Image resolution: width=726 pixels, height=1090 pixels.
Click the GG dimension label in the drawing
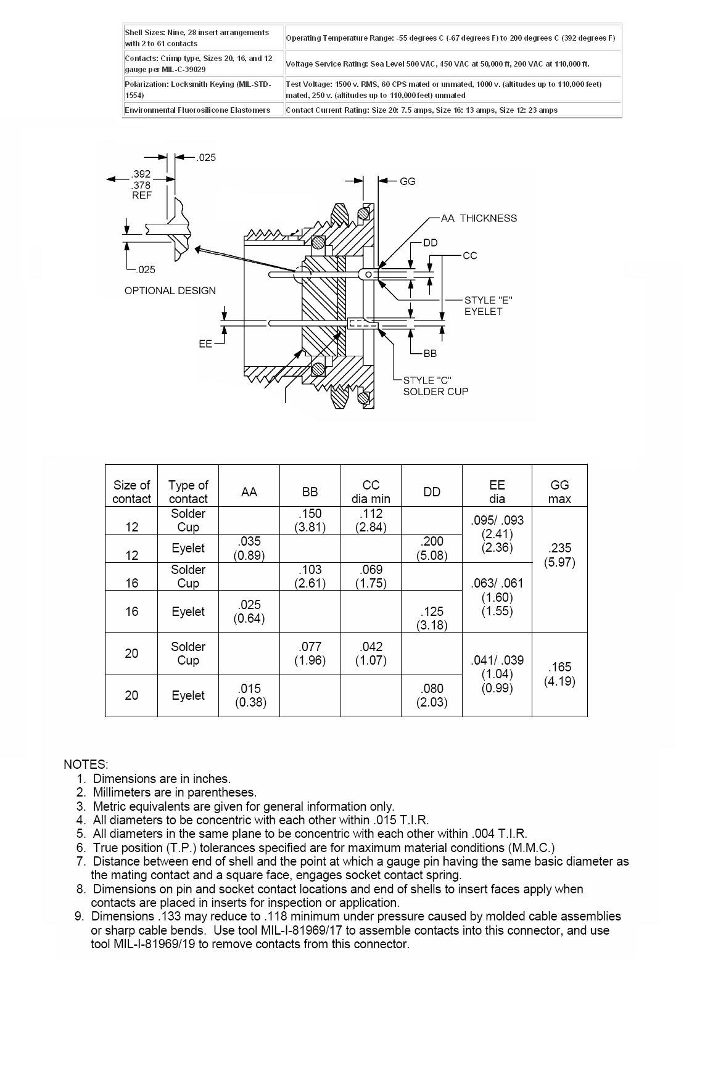pyautogui.click(x=408, y=181)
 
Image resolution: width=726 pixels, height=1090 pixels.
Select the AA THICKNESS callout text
pyautogui.click(x=479, y=218)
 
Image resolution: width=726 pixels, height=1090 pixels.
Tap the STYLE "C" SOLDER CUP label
pyautogui.click(x=435, y=386)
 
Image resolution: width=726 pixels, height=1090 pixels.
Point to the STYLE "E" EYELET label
pyautogui.click(x=489, y=306)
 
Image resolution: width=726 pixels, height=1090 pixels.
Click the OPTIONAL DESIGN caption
pyautogui.click(x=170, y=291)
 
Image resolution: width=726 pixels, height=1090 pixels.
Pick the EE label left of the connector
pyautogui.click(x=205, y=344)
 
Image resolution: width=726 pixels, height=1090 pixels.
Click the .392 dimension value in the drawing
pyautogui.click(x=141, y=174)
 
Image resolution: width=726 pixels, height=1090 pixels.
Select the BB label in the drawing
pyautogui.click(x=430, y=354)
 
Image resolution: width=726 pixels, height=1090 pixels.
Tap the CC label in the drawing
pyautogui.click(x=469, y=256)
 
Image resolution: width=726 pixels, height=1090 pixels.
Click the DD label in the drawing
pyautogui.click(x=430, y=243)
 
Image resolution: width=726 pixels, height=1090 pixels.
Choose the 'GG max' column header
pyautogui.click(x=559, y=491)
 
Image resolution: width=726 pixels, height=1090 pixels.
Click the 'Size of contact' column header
pyautogui.click(x=131, y=491)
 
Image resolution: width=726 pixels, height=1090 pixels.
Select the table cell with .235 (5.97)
pyautogui.click(x=559, y=555)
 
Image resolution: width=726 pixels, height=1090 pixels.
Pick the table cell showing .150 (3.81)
pyautogui.click(x=310, y=520)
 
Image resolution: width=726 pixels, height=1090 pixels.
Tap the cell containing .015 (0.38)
pyautogui.click(x=249, y=695)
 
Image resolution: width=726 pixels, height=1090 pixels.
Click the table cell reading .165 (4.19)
pyautogui.click(x=559, y=674)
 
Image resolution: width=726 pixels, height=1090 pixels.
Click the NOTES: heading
pyautogui.click(x=86, y=764)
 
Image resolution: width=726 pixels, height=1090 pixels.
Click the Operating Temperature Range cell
pyautogui.click(x=451, y=38)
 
